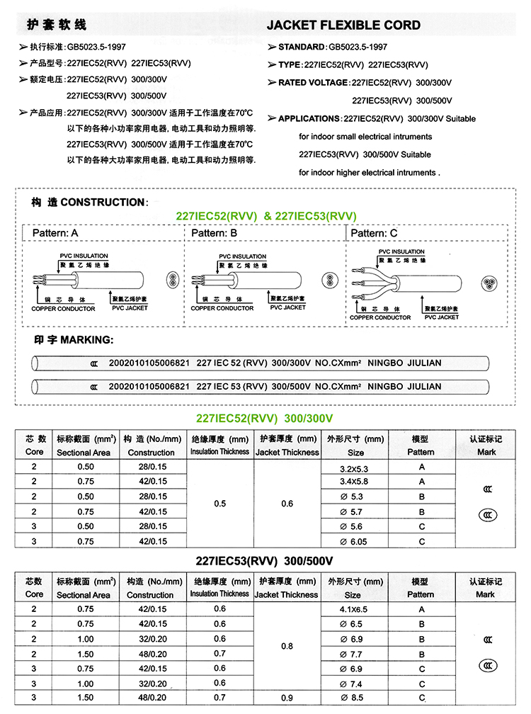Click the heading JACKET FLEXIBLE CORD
pyautogui.click(x=343, y=25)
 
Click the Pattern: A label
pyautogui.click(x=55, y=233)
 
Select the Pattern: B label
pyautogui.click(x=215, y=233)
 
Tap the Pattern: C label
pyautogui.click(x=375, y=233)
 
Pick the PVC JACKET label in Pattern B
pyautogui.click(x=288, y=307)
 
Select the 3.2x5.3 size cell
pyautogui.click(x=354, y=468)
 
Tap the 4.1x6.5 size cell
pyautogui.click(x=354, y=609)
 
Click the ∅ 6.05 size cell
pyautogui.click(x=354, y=542)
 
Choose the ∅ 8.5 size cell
pyautogui.click(x=354, y=698)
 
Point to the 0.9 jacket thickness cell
pyautogui.click(x=287, y=698)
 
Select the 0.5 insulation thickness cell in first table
pyautogui.click(x=219, y=504)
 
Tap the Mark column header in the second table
pyautogui.click(x=486, y=594)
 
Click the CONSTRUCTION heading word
pyautogui.click(x=103, y=203)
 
